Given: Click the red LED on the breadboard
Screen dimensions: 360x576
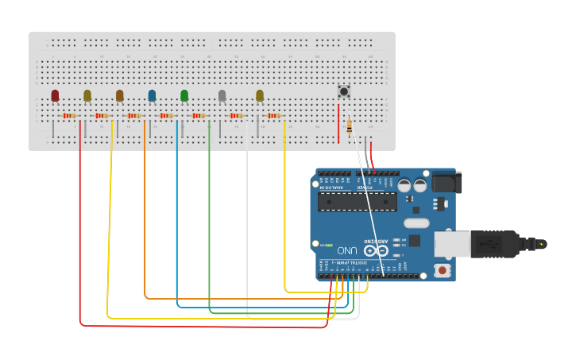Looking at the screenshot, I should [55, 95].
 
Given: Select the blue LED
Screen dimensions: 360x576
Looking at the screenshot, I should [152, 95].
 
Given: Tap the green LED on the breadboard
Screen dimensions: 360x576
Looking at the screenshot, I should [184, 95].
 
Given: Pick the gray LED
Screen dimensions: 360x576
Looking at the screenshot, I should [222, 95].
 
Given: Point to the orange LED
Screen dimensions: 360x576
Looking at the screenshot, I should [119, 95].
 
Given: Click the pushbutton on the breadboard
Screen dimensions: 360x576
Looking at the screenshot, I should [344, 91].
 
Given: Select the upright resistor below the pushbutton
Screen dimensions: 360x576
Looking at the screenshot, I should [350, 126].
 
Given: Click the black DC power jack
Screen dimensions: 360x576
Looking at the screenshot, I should [446, 183].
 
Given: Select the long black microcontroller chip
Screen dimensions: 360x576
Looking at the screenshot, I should [357, 201].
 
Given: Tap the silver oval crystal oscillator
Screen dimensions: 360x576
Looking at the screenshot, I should [416, 223].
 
